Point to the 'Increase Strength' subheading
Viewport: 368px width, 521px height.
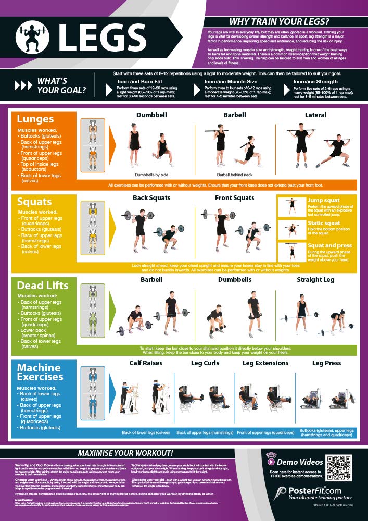pos(315,82)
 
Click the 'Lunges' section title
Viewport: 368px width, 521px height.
pos(36,119)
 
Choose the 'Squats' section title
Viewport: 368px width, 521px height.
pos(35,202)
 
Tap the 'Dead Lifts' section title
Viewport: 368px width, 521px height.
pos(43,285)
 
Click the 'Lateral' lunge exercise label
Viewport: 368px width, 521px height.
pos(315,115)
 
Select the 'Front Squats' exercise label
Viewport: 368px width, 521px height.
pos(234,198)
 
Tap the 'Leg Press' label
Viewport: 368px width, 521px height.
pos(326,363)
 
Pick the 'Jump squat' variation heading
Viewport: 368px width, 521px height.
pos(324,201)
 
